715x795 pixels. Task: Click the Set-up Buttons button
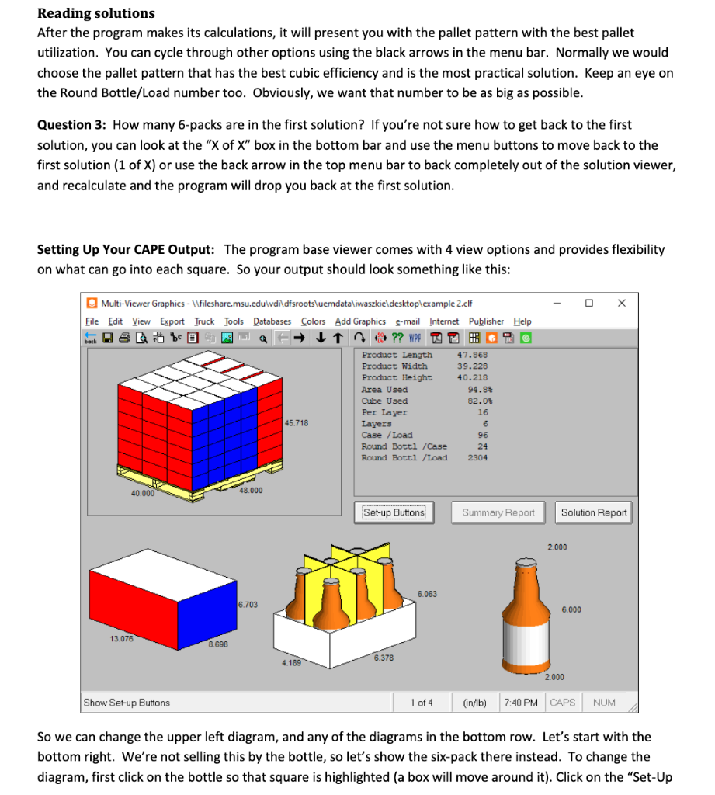pyautogui.click(x=394, y=512)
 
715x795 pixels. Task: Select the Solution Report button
pyautogui.click(x=595, y=512)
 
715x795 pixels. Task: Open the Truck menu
pyautogui.click(x=204, y=321)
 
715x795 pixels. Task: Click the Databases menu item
pyautogui.click(x=272, y=321)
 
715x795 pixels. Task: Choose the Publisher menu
pyautogui.click(x=486, y=321)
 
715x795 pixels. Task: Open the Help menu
pyautogui.click(x=522, y=321)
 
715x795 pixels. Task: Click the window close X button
pyautogui.click(x=621, y=303)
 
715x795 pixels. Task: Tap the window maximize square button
pyautogui.click(x=588, y=303)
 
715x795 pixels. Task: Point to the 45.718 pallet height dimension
pyautogui.click(x=297, y=423)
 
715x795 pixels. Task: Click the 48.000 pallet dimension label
pyautogui.click(x=251, y=490)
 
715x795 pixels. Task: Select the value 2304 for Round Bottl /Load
pyautogui.click(x=477, y=458)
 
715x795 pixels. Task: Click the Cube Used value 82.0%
pyautogui.click(x=478, y=401)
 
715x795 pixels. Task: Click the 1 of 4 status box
pyautogui.click(x=422, y=703)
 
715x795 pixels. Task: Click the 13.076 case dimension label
pyautogui.click(x=120, y=639)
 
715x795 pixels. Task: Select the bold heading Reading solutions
pyautogui.click(x=96, y=13)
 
